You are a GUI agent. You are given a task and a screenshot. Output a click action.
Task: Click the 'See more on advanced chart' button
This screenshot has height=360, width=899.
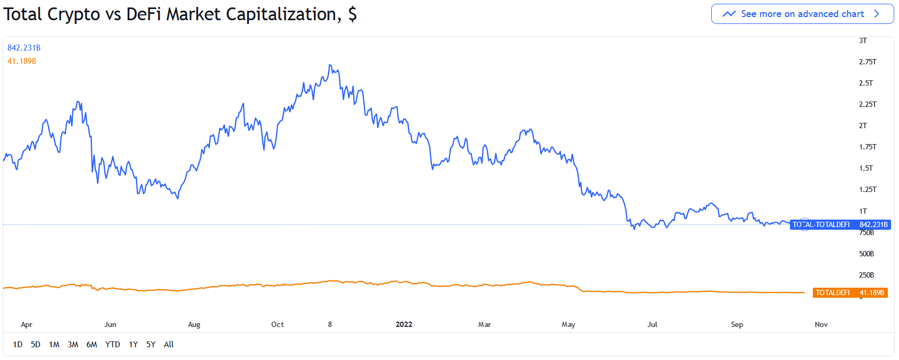point(802,14)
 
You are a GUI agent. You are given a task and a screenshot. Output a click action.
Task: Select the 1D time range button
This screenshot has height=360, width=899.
point(18,345)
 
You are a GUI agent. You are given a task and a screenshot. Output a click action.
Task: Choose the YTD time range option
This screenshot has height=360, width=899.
point(112,345)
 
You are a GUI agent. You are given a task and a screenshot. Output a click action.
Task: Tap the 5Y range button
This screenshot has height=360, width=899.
point(151,345)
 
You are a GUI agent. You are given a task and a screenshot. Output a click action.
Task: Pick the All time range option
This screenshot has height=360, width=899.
point(169,345)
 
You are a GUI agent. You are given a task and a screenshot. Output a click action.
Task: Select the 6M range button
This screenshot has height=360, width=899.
point(91,345)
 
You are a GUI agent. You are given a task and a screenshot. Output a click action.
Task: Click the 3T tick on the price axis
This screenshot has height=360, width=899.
point(862,40)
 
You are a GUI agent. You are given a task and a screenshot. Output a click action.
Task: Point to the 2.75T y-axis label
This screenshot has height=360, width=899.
point(867,62)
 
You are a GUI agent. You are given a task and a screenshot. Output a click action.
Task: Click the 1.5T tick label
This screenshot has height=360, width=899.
point(865,168)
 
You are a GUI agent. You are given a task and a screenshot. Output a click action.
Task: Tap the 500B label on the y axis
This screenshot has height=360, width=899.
point(866,254)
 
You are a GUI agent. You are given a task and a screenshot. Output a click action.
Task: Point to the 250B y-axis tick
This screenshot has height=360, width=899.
point(866,275)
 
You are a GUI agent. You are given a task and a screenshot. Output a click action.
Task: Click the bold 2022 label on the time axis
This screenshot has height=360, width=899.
point(404,324)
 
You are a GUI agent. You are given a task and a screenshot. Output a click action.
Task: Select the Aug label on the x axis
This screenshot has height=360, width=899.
point(194,324)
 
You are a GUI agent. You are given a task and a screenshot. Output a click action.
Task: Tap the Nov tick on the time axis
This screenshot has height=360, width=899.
point(821,324)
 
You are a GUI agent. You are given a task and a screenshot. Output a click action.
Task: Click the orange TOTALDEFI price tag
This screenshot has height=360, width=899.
point(850,292)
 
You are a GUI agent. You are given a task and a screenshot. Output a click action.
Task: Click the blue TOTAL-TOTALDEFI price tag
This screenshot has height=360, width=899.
point(840,224)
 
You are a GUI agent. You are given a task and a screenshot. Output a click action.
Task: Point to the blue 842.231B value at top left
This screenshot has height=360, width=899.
point(24,48)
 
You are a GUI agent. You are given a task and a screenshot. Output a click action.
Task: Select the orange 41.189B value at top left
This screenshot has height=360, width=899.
point(22,61)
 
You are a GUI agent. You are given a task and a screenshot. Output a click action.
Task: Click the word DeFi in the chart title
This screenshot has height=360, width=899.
point(143,14)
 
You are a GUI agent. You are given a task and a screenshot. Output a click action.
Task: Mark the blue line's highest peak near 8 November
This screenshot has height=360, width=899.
point(330,65)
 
